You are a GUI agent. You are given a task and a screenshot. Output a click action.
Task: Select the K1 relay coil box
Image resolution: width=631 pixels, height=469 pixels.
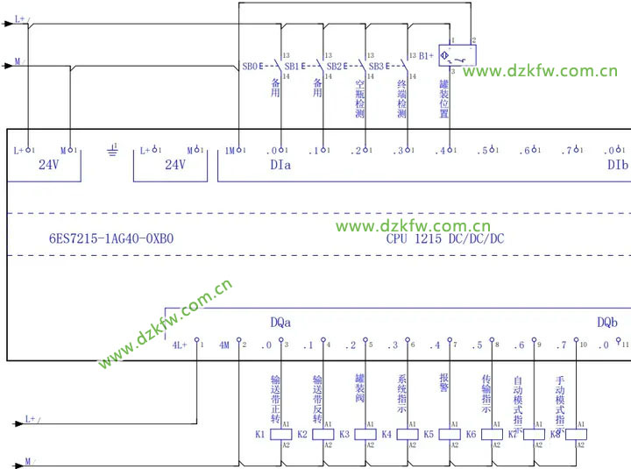tap(281, 434)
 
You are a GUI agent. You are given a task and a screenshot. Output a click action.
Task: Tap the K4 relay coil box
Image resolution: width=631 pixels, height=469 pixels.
tap(408, 434)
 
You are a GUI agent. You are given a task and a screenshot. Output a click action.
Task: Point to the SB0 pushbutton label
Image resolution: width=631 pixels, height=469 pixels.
tap(250, 66)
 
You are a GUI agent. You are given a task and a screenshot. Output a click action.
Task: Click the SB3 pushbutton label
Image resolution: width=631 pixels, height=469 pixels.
tap(376, 66)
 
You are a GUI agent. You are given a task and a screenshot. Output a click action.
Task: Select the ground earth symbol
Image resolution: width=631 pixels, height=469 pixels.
tap(111, 151)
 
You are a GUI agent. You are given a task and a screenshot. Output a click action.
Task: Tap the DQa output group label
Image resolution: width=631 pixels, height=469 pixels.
tap(280, 322)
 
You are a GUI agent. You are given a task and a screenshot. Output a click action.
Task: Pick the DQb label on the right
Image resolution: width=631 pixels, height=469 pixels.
tap(607, 322)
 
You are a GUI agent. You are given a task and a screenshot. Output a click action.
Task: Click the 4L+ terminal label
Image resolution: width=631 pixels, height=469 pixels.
tap(181, 345)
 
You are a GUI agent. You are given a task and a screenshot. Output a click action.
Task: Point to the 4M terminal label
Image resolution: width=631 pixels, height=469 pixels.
tap(224, 345)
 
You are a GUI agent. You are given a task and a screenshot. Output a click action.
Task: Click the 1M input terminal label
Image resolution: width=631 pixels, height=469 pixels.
tap(230, 150)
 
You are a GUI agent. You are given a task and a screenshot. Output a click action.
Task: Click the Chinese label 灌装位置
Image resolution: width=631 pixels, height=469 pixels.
tap(444, 96)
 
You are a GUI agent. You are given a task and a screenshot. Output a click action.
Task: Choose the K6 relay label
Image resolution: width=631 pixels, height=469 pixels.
tap(471, 434)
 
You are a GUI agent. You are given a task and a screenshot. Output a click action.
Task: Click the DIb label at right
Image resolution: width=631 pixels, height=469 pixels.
tap(617, 165)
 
